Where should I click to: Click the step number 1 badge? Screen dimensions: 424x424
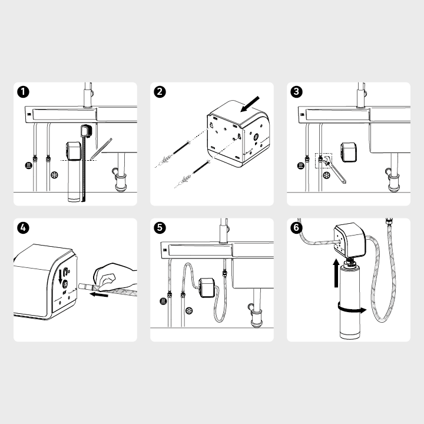click(23, 92)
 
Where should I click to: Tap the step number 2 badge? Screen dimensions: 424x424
click(160, 92)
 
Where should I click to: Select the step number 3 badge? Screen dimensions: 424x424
click(296, 92)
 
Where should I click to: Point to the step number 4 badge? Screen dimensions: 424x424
click(23, 228)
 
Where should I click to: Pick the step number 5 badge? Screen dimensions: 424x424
click(160, 228)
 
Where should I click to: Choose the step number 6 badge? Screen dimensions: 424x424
click(296, 228)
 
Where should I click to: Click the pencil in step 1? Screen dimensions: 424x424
click(101, 148)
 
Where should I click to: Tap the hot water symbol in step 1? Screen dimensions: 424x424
click(28, 165)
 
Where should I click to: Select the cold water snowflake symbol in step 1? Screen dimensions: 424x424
click(55, 175)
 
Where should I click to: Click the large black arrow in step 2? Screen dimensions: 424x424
click(250, 104)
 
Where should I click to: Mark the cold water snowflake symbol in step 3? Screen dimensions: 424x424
click(327, 175)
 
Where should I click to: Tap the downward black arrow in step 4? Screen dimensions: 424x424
click(60, 277)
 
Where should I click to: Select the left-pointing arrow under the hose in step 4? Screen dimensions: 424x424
click(99, 294)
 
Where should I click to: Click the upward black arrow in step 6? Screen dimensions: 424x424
click(336, 273)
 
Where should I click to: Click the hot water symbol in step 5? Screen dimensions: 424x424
click(163, 301)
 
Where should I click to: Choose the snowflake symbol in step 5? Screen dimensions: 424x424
click(189, 311)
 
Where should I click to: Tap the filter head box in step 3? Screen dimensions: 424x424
click(348, 153)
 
